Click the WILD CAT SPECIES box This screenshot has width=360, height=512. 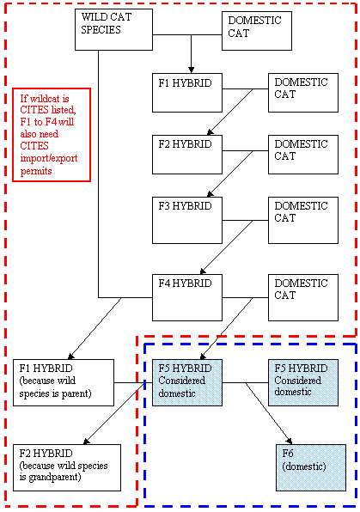[x=113, y=30]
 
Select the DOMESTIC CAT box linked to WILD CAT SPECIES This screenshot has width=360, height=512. [x=257, y=31]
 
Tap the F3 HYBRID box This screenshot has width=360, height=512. [x=187, y=220]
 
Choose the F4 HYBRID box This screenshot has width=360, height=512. [x=187, y=297]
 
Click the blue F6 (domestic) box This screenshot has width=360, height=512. [x=311, y=467]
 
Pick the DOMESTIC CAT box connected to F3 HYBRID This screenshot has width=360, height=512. [x=303, y=220]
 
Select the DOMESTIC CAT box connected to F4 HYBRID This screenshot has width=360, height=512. [x=303, y=297]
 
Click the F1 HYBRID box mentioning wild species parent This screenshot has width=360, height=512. [x=64, y=382]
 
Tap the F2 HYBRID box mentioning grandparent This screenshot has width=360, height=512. [x=67, y=467]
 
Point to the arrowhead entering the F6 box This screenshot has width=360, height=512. [x=289, y=442]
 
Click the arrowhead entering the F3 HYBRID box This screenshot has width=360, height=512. [x=210, y=194]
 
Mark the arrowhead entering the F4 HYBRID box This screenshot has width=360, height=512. [x=203, y=271]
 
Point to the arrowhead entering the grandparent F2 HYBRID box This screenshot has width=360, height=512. [x=86, y=442]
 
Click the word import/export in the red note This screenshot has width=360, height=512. [x=49, y=158]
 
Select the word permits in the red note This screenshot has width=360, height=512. [x=36, y=171]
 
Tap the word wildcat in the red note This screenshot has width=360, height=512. [x=45, y=98]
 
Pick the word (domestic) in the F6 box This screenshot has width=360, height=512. [x=304, y=466]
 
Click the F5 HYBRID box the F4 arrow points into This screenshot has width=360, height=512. [x=187, y=382]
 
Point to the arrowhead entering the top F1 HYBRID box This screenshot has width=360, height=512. [x=191, y=70]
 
